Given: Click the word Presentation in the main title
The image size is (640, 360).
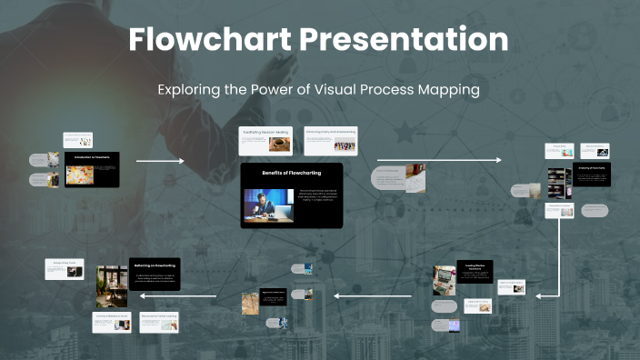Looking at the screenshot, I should pos(405,39).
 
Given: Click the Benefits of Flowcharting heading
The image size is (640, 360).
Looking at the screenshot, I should pos(291,172).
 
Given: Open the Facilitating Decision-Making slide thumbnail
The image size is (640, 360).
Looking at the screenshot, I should pos(265,141).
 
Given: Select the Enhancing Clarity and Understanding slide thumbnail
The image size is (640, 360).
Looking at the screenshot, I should pos(330,141).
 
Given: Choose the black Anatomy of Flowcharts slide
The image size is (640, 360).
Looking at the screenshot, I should pos(593,174).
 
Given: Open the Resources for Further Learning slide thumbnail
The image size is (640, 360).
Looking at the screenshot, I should pos(160,323).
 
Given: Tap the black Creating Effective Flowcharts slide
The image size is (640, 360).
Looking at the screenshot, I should pos(475,271).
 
